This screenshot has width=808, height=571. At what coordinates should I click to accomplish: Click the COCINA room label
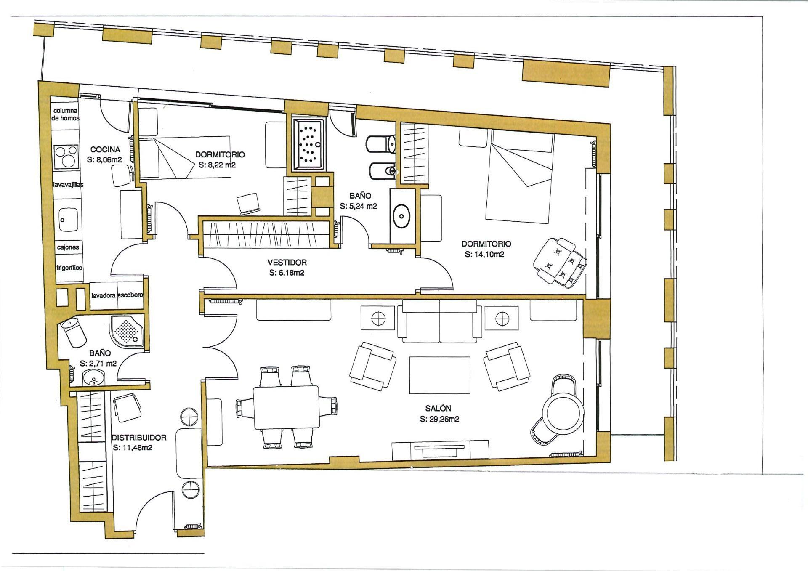105,149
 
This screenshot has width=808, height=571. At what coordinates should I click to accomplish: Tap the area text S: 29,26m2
439,419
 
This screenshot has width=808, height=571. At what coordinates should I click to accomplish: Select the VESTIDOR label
287,262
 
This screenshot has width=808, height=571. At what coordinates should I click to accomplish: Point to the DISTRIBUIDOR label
138,438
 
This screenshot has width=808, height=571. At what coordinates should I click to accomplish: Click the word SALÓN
438,408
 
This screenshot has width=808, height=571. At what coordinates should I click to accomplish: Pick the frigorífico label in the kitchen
69,268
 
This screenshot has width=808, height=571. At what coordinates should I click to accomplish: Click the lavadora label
103,295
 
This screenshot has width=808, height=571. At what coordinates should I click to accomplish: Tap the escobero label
130,295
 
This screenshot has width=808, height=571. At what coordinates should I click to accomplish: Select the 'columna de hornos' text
65,114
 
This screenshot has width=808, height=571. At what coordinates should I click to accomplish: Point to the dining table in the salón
286,407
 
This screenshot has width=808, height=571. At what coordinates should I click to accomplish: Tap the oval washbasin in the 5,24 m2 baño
402,216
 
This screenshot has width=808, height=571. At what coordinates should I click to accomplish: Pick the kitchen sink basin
68,219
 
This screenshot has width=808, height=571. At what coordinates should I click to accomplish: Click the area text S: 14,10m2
485,255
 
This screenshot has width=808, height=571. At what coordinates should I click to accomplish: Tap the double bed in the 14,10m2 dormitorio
519,177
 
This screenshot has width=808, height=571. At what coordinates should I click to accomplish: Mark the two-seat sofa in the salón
440,321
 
